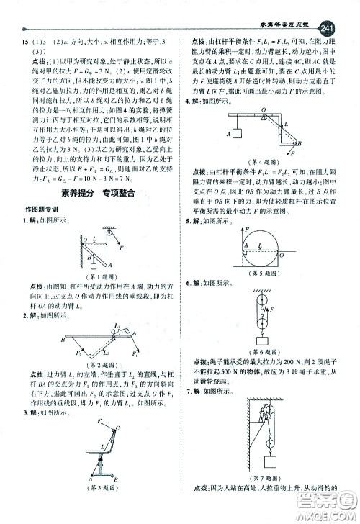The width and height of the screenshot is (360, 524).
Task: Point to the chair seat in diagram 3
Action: click(x=103, y=444)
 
